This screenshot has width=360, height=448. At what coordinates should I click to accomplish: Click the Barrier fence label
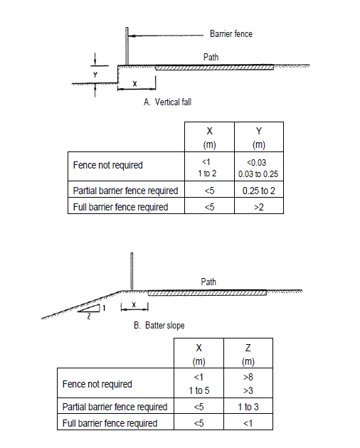point(231,33)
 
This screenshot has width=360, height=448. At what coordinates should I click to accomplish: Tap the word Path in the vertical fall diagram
point(211,57)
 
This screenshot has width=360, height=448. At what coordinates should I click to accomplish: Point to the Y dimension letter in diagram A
point(95,75)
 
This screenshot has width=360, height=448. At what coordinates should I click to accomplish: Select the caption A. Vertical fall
point(167,102)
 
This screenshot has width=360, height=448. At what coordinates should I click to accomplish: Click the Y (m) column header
point(259,137)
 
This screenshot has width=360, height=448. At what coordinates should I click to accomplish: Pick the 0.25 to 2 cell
point(259,191)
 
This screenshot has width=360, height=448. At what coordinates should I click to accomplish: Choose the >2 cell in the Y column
point(259,207)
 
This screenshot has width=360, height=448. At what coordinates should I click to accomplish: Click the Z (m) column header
point(248,354)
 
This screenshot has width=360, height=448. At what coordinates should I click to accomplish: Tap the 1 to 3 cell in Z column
point(248,407)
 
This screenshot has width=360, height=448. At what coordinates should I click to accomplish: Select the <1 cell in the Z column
point(248,423)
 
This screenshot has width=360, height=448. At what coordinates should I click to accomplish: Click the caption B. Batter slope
point(159,326)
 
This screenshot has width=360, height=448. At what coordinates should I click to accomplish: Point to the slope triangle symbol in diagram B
point(89,309)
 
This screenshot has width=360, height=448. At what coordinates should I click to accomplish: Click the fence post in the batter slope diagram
point(132,272)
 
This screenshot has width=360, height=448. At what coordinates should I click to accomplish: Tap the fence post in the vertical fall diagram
point(127,46)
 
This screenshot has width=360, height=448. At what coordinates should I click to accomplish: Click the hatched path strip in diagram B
point(207,293)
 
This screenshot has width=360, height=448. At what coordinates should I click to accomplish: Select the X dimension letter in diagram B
point(134,304)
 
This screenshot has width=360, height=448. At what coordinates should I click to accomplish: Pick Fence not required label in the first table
point(108,165)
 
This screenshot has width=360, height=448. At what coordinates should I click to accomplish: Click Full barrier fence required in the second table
point(110,423)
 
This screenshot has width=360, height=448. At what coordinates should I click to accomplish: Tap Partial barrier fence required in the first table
point(125,191)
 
